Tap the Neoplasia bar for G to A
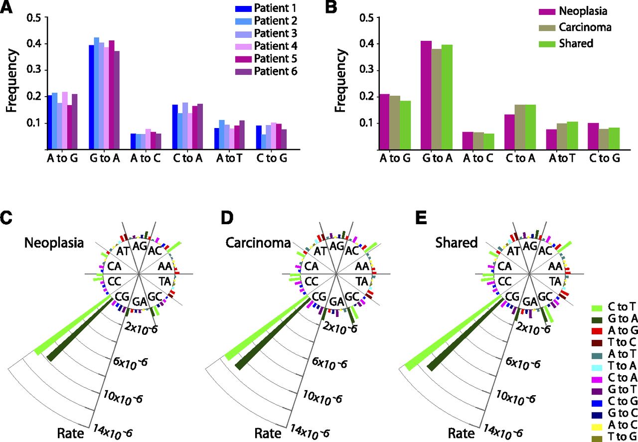(x=426, y=95)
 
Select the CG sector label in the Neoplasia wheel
(x=122, y=297)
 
